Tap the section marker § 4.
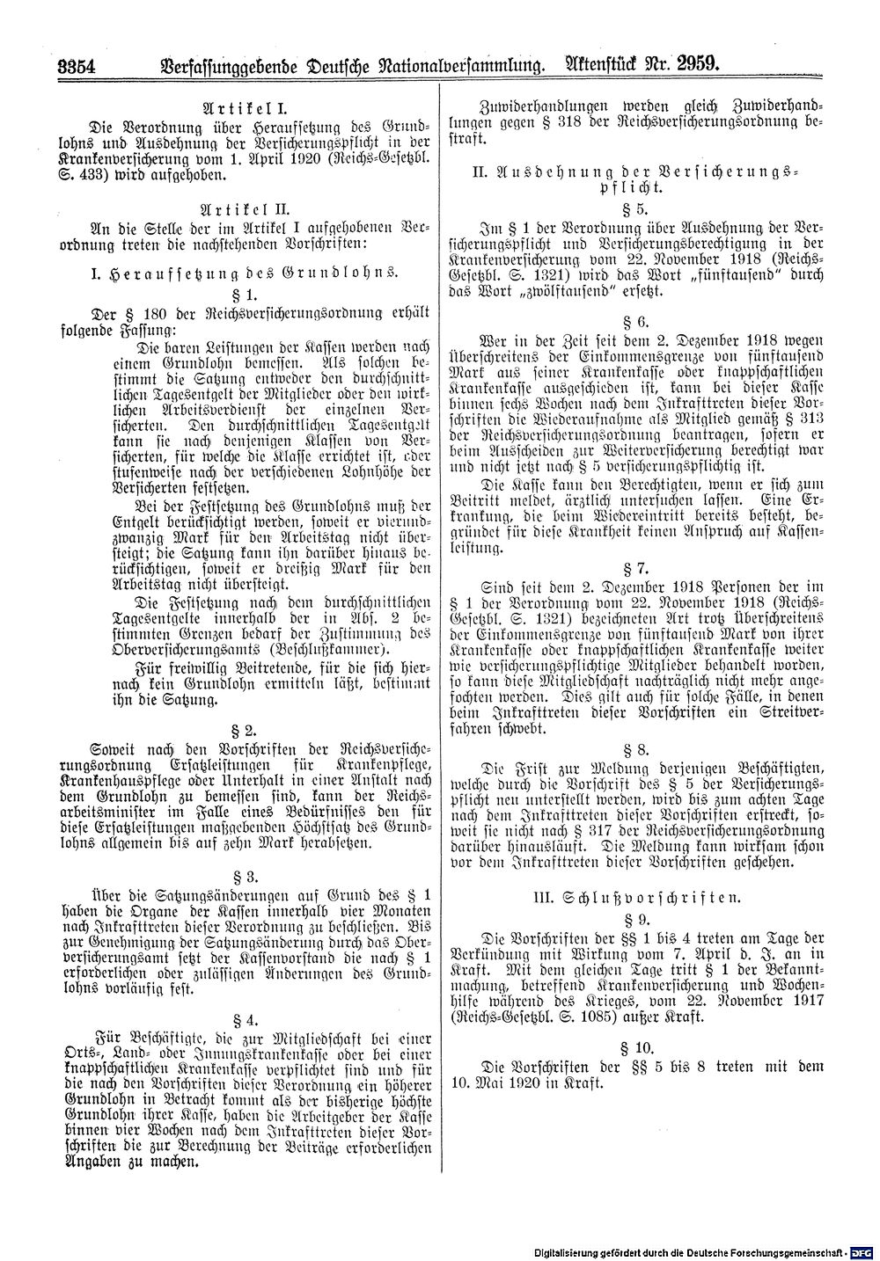coord(244,1019)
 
